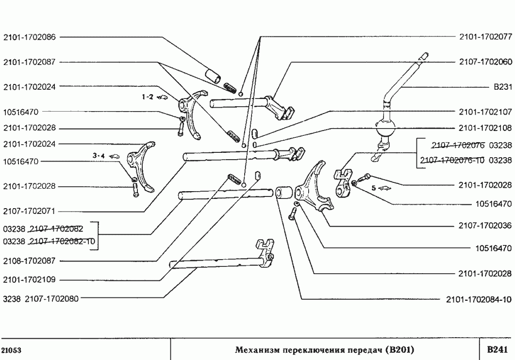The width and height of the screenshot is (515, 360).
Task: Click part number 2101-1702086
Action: [29, 36]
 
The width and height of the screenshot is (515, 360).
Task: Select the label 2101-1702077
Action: [485, 36]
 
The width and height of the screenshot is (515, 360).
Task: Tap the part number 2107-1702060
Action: [485, 62]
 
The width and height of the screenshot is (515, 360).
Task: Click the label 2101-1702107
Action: [485, 112]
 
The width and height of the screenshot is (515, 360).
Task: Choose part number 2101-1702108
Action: [485, 128]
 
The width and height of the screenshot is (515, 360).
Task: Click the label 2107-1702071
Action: [29, 212]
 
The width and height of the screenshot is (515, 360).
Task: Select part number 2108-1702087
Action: [29, 261]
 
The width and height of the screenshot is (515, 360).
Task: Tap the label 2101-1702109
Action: [29, 280]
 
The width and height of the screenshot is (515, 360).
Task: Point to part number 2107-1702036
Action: [485, 226]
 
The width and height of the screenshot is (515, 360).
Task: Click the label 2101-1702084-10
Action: [480, 299]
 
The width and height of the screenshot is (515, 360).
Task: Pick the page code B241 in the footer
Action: [497, 349]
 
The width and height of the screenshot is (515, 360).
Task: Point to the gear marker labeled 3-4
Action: [99, 156]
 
